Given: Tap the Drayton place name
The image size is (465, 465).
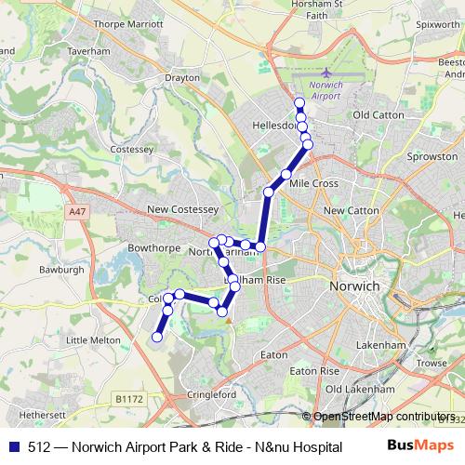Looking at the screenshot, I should tap(181, 79).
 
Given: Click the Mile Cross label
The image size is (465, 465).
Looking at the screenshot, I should tap(312, 184).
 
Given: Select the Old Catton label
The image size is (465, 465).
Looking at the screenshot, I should tap(376, 114).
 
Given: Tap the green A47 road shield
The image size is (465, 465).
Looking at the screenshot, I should tap(77, 213).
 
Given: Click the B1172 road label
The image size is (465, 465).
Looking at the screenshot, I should tap(133, 398).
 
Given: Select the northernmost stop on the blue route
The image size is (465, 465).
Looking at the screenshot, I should tap(299, 103).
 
